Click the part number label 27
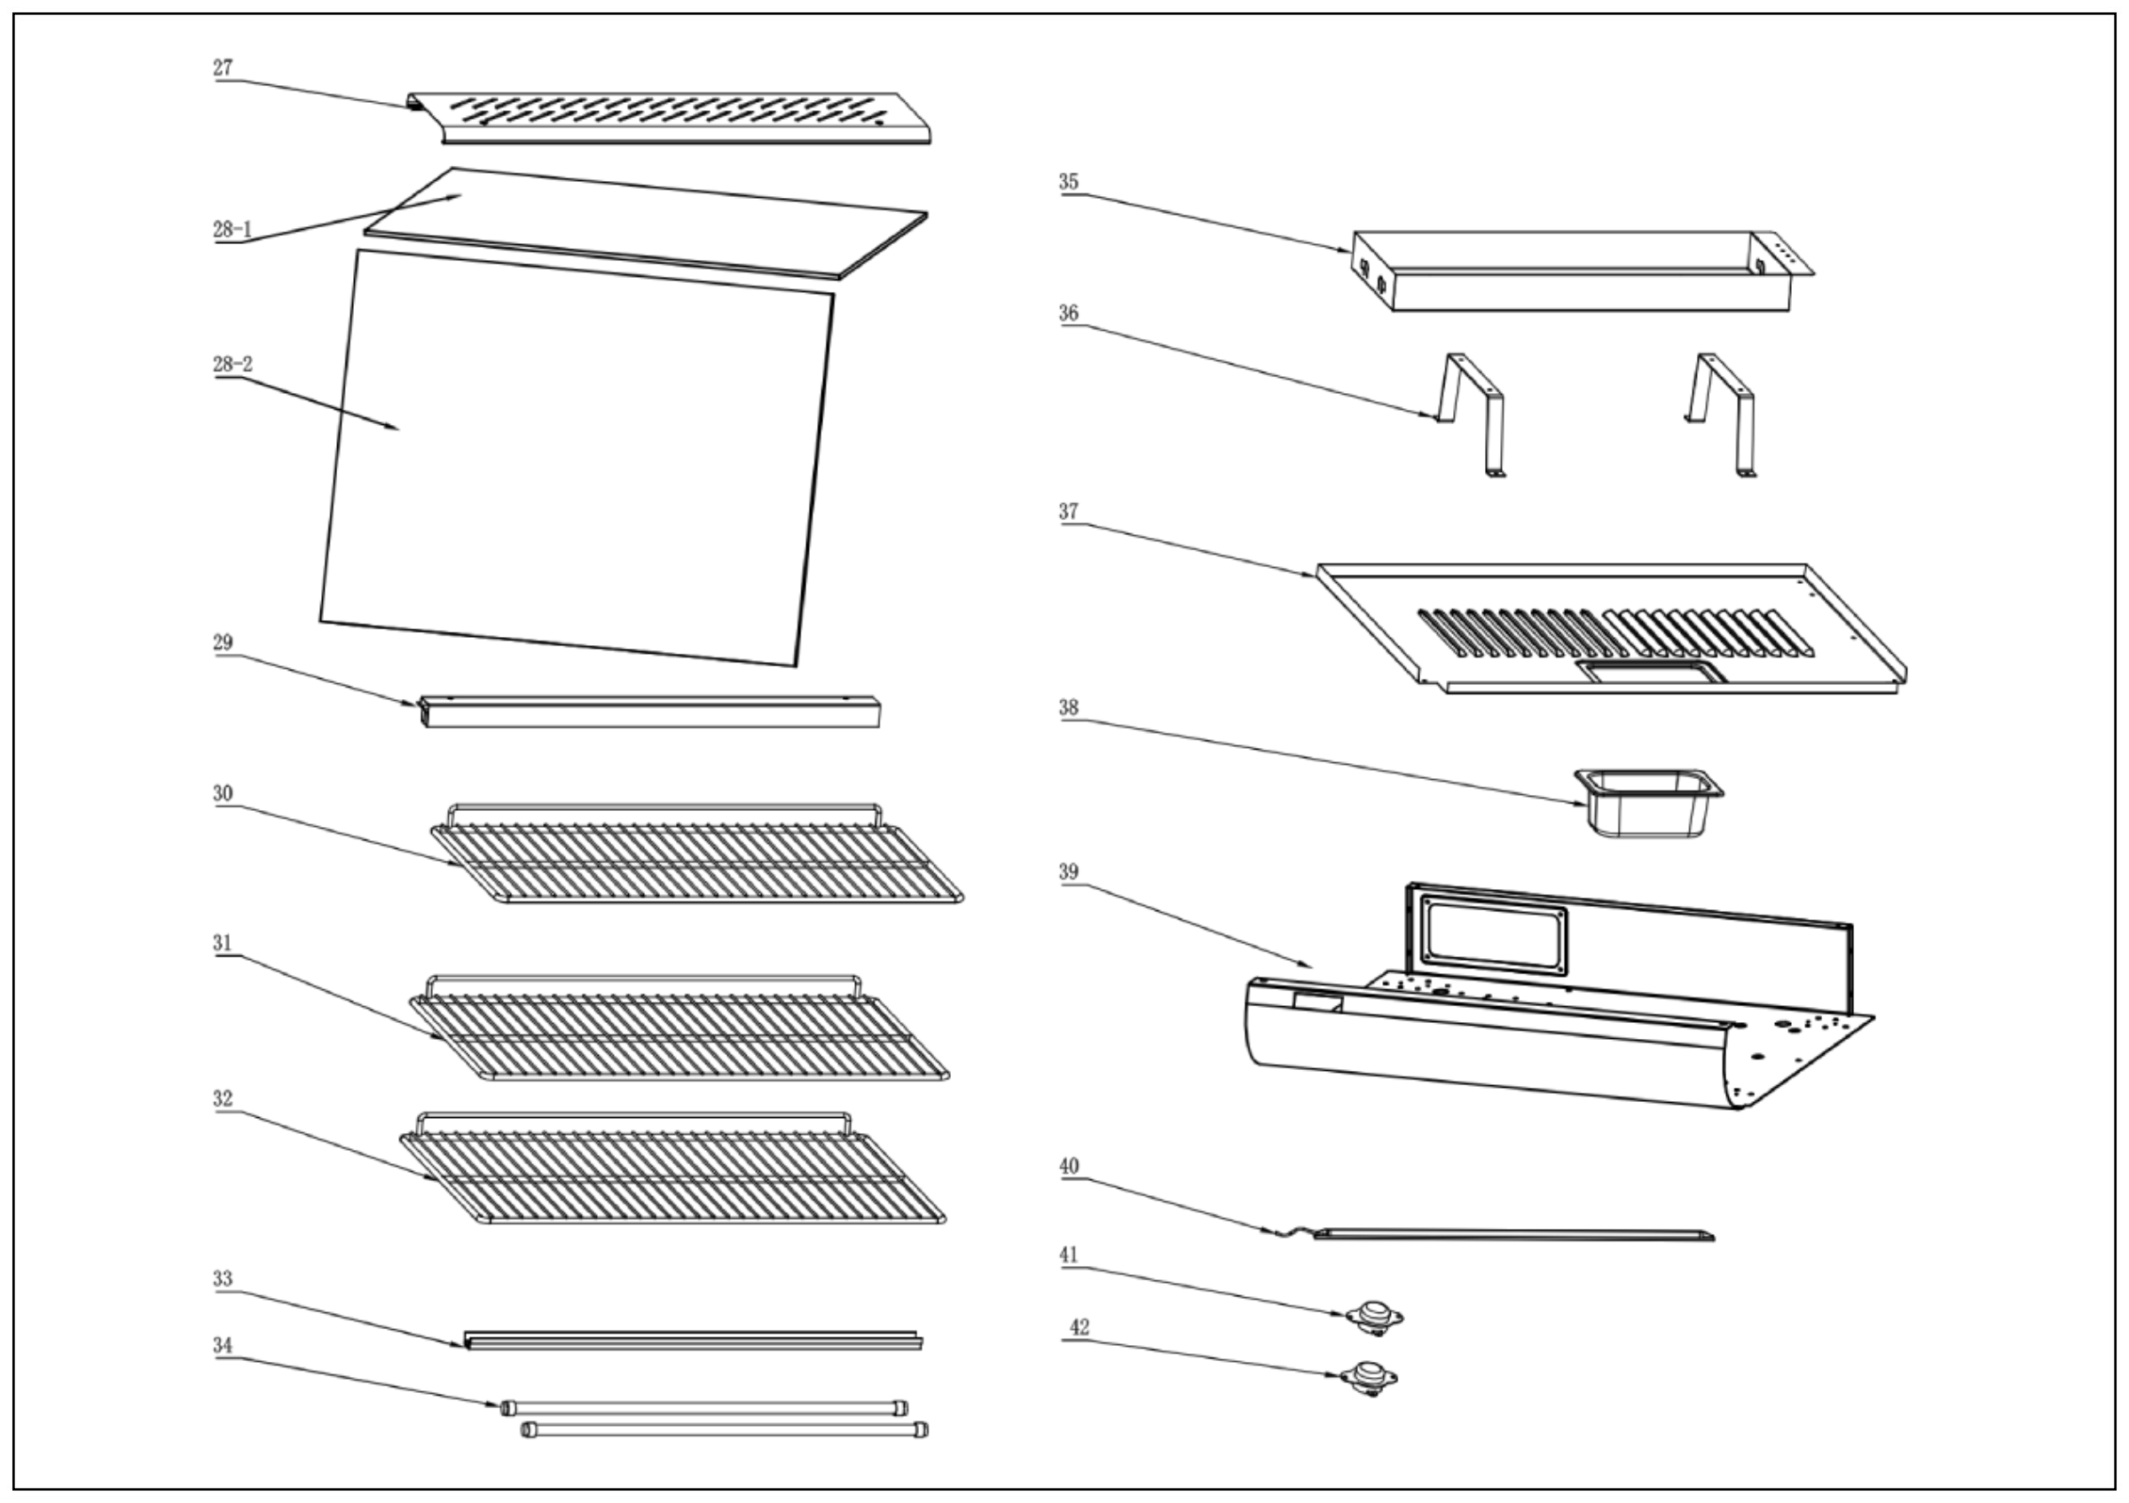click(x=223, y=67)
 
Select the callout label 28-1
click(x=232, y=229)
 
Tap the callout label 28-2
click(x=232, y=365)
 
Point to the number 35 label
click(x=1069, y=182)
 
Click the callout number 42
click(x=1080, y=1327)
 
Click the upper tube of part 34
click(x=704, y=1408)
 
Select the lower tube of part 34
click(x=723, y=1429)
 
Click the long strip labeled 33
click(x=691, y=1341)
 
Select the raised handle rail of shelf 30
click(x=664, y=808)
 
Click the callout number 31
click(x=223, y=943)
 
